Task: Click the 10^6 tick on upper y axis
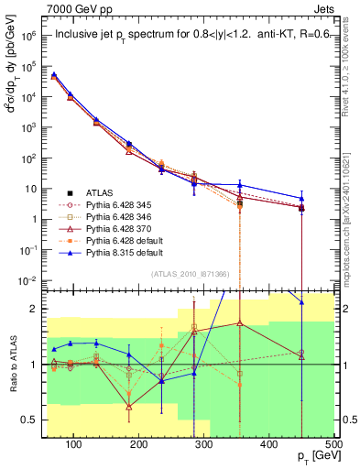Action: coord(27,37)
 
